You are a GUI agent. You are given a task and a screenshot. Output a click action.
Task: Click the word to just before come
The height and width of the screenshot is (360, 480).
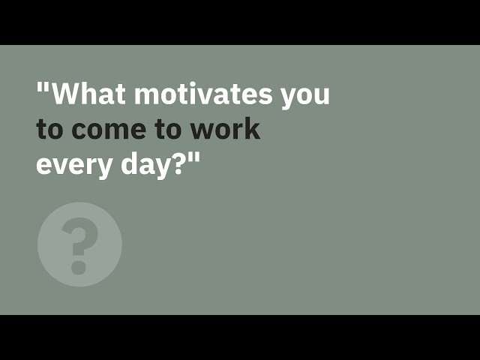click(x=49, y=129)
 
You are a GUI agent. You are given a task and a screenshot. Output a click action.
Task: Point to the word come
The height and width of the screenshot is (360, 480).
click(x=105, y=130)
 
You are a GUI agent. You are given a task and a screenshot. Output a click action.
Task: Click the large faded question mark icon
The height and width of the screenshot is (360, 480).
click(x=79, y=244)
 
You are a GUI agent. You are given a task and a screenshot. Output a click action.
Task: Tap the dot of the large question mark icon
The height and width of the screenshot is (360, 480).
click(x=78, y=266)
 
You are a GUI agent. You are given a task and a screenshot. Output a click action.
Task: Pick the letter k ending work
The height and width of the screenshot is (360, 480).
click(x=251, y=129)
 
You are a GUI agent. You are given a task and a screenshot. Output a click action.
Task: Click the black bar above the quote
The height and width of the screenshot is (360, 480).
click(x=240, y=22)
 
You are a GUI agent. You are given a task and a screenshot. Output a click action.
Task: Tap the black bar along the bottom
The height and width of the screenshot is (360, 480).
click(x=240, y=337)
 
